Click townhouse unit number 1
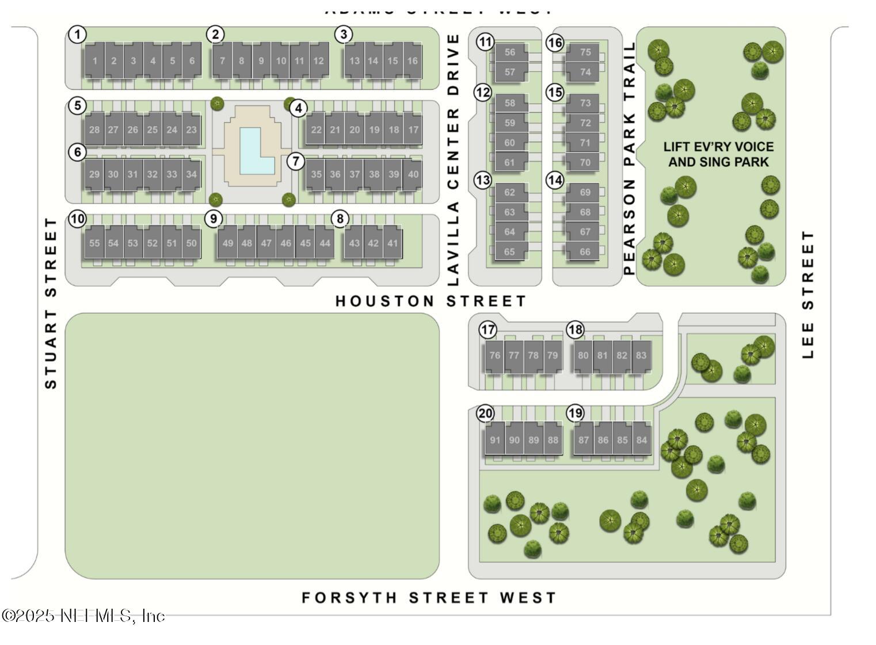pos(95,60)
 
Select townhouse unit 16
pos(412,60)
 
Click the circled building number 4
pos(298,108)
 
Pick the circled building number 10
pos(77,219)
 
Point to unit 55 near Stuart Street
pos(94,243)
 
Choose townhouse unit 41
pos(393,243)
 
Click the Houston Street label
pos(431,301)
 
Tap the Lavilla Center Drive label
pos(454,160)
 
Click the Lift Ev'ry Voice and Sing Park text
pos(718,154)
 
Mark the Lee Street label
pos(808,295)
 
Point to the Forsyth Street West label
pos(429,598)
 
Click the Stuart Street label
pos(51,303)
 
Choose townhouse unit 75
pos(585,52)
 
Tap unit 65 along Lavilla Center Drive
pos(509,252)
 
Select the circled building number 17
pos(488,330)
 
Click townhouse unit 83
pos(641,355)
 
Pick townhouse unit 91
pos(495,440)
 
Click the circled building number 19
pos(575,413)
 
